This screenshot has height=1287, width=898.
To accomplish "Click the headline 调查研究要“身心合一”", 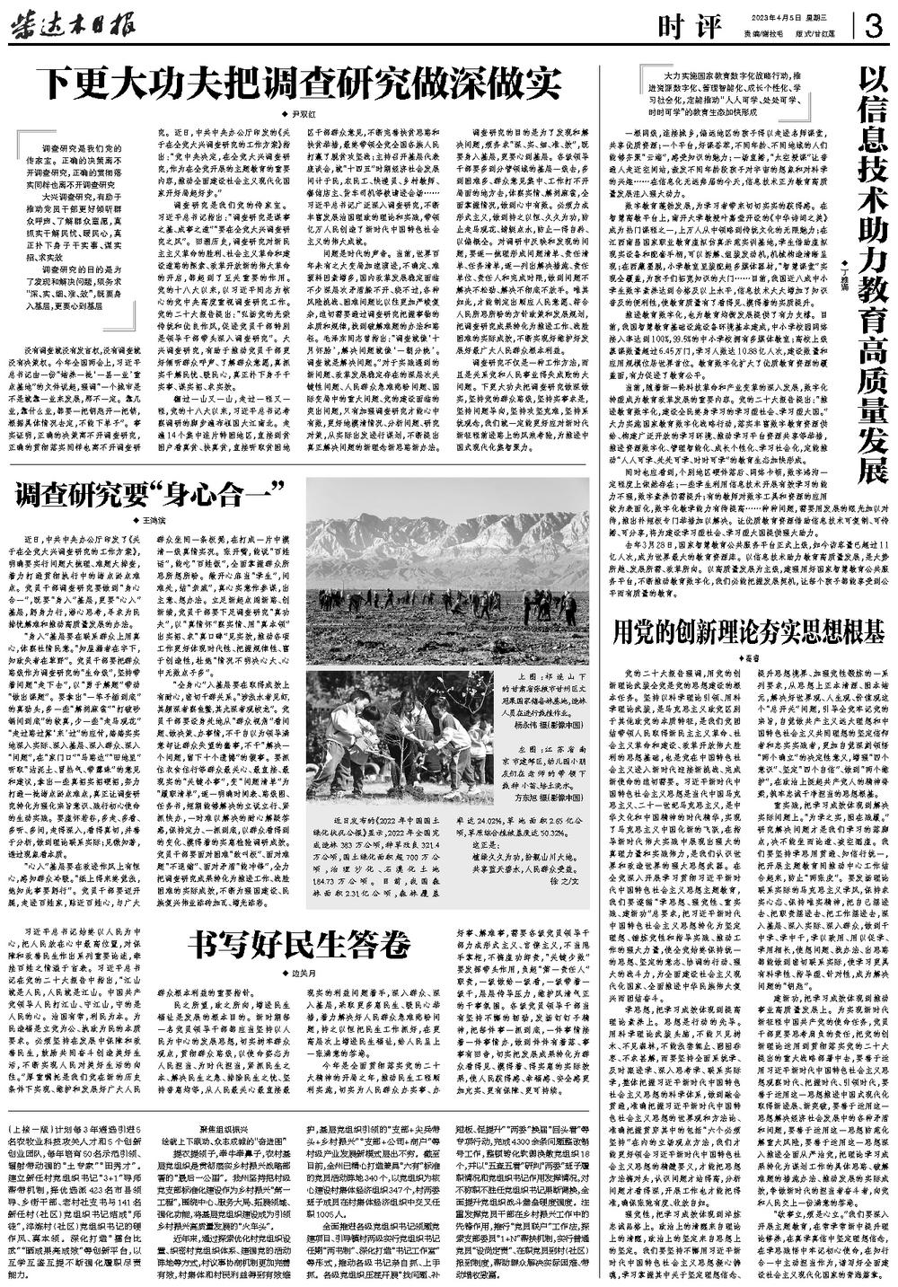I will click(144, 493).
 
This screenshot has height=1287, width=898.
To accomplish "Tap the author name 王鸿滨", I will click(158, 520).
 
